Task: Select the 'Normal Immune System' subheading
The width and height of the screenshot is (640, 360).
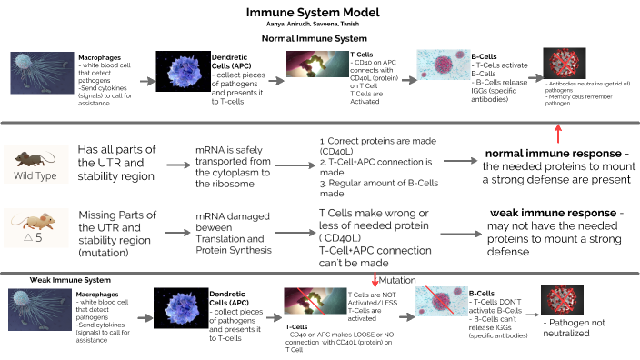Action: [x=319, y=40]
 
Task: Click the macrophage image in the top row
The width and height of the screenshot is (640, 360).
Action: [x=43, y=75]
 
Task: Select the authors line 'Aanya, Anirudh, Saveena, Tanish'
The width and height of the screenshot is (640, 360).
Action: [x=319, y=25]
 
